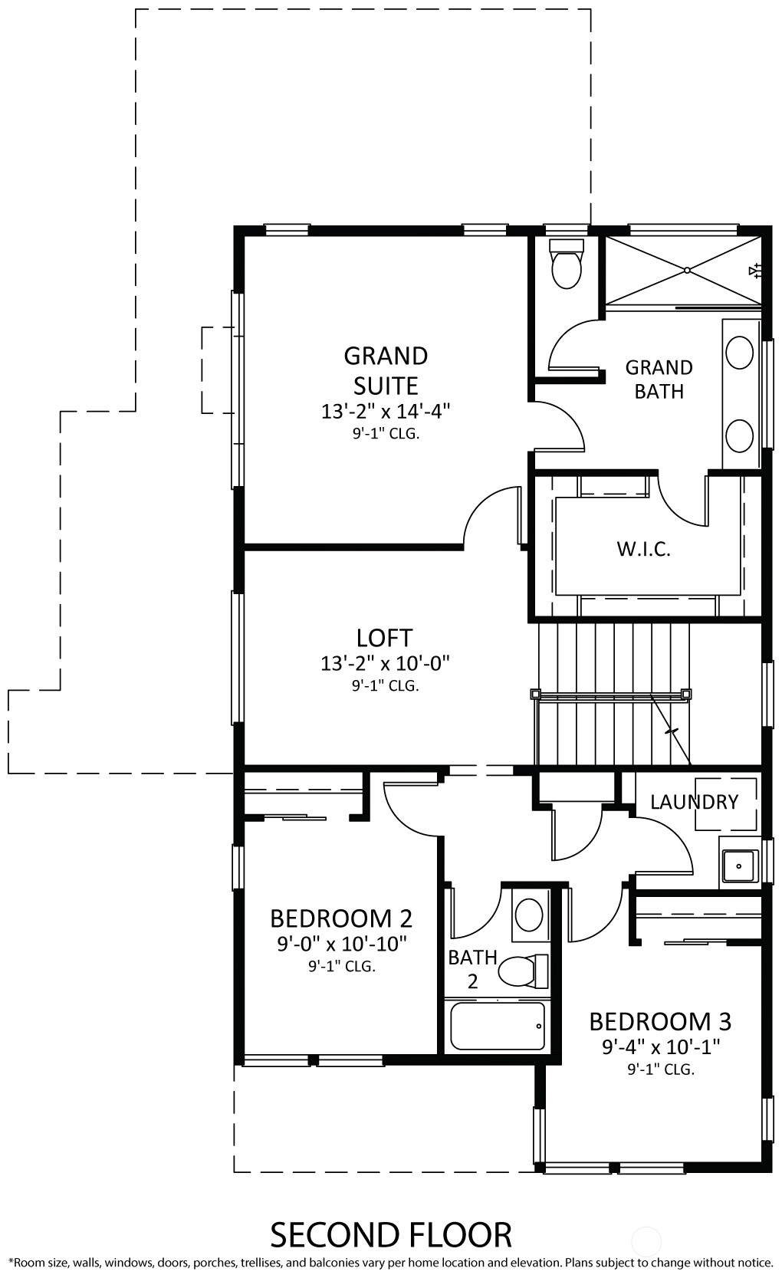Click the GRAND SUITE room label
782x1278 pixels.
(386, 371)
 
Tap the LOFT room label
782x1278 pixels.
(384, 638)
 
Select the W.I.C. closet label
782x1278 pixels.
(643, 549)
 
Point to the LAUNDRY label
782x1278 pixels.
(694, 802)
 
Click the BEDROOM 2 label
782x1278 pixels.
(341, 918)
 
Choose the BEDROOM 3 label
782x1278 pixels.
(660, 1021)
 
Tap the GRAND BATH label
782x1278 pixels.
(659, 379)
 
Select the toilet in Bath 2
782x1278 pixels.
(523, 971)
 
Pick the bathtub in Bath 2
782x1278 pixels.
(498, 1026)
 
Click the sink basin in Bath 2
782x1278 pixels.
(529, 915)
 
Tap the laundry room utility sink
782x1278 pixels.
(739, 866)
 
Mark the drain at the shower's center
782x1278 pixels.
(687, 271)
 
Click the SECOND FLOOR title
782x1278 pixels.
(391, 1235)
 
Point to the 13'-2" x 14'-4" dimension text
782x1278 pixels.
(386, 412)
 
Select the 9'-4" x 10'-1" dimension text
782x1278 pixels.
(661, 1047)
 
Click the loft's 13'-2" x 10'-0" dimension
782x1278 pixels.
(385, 664)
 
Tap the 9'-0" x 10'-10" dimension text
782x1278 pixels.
(342, 945)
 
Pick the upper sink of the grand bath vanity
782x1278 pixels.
(739, 353)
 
